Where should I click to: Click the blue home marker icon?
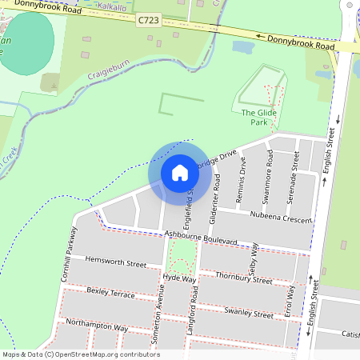pos(179,172)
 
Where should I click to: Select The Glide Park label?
pos(254,118)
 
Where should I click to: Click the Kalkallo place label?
pos(111,6)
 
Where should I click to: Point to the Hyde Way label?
pos(179,279)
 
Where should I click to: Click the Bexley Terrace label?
pos(110,293)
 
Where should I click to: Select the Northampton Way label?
pos(97,326)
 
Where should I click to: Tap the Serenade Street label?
pos(295,170)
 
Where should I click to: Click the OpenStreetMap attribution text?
pos(80,354)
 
